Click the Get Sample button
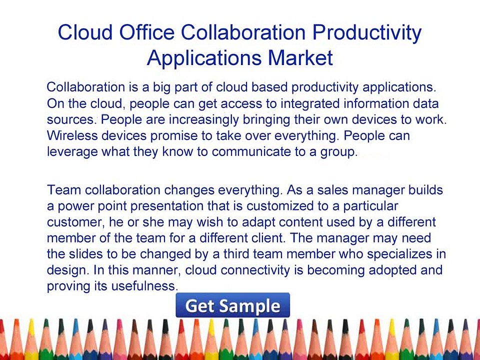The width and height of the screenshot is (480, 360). [232, 305]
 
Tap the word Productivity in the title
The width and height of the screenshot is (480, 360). [367, 33]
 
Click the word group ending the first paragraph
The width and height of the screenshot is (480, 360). [339, 151]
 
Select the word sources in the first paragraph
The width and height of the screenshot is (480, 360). [70, 120]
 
